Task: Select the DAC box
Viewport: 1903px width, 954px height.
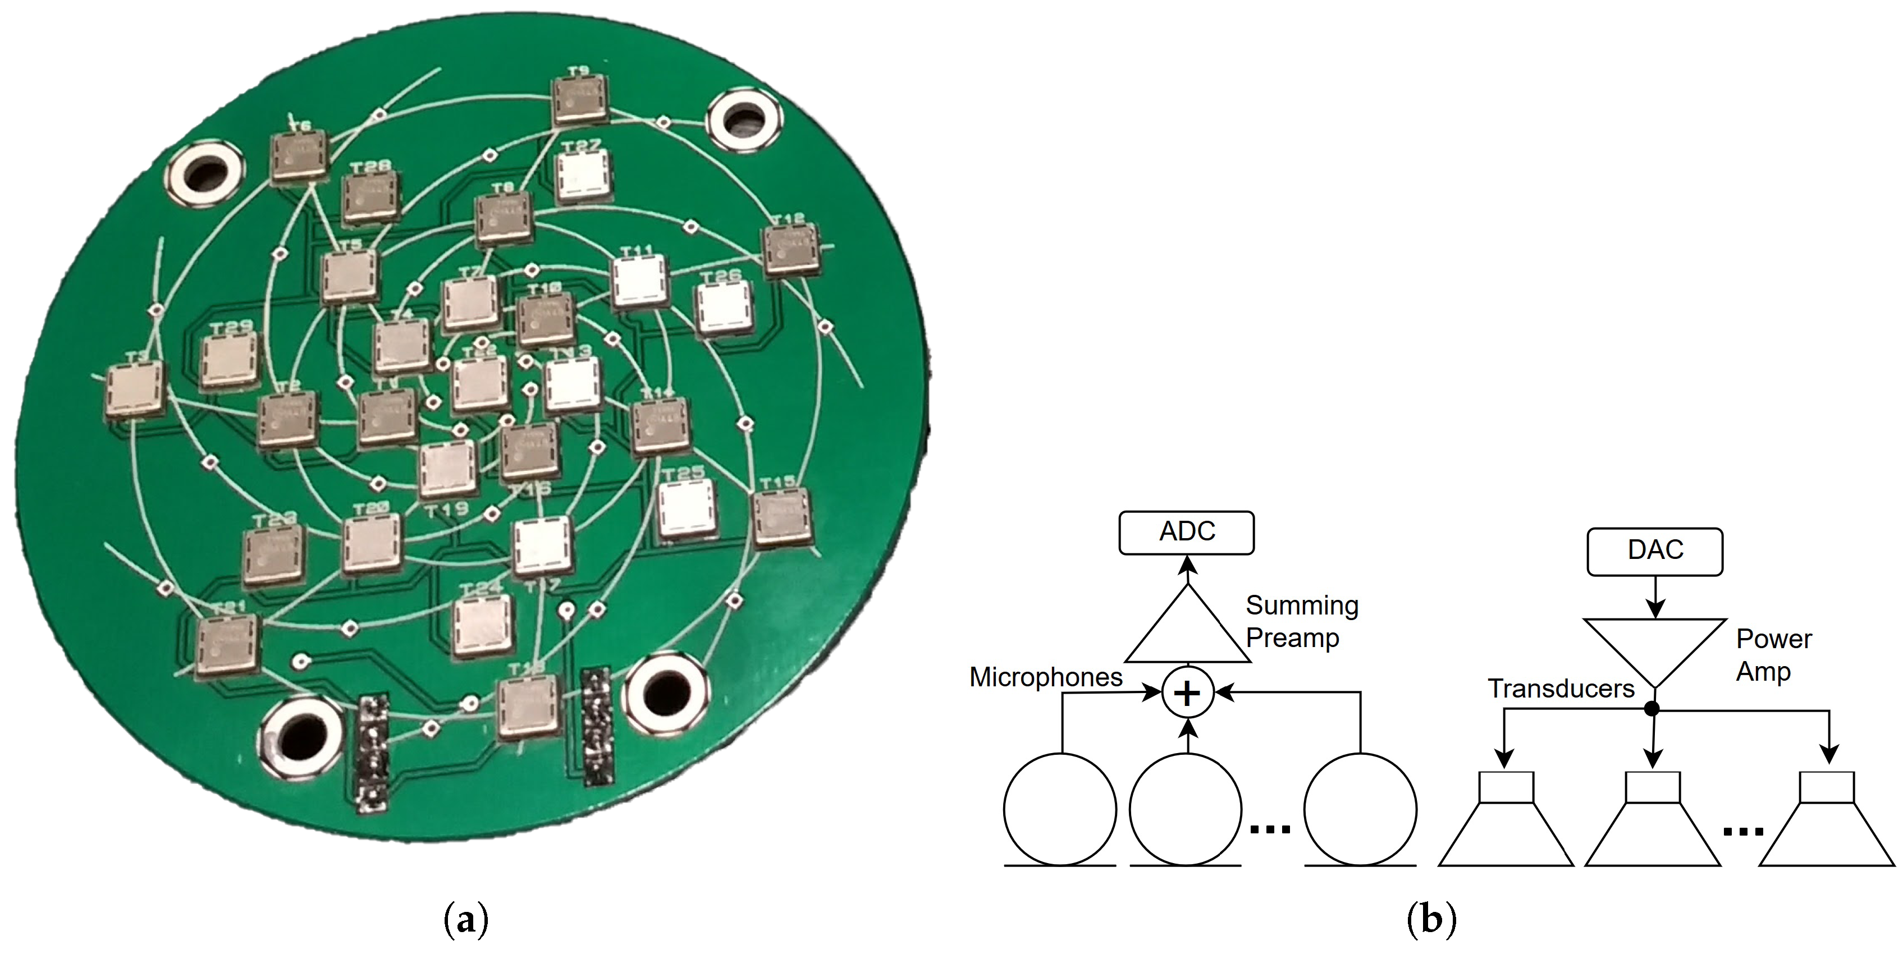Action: point(1655,551)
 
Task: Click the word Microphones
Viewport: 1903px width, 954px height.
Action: point(1045,677)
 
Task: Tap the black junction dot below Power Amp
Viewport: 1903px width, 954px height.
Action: point(1653,709)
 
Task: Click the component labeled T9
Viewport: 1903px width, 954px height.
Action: point(580,101)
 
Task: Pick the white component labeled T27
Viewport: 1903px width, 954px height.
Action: point(584,176)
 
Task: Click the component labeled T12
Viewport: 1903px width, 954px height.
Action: point(790,250)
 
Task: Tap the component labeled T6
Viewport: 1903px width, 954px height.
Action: point(299,157)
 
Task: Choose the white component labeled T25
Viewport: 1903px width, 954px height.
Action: point(687,509)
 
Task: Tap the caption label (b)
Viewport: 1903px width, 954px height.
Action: point(1431,921)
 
